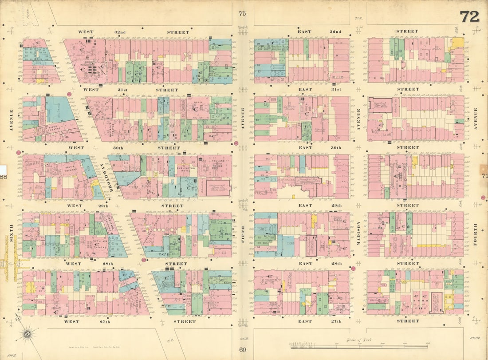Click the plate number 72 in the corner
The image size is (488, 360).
[469, 16]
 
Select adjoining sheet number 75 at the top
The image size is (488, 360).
[242, 14]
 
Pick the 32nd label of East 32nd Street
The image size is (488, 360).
[336, 32]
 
